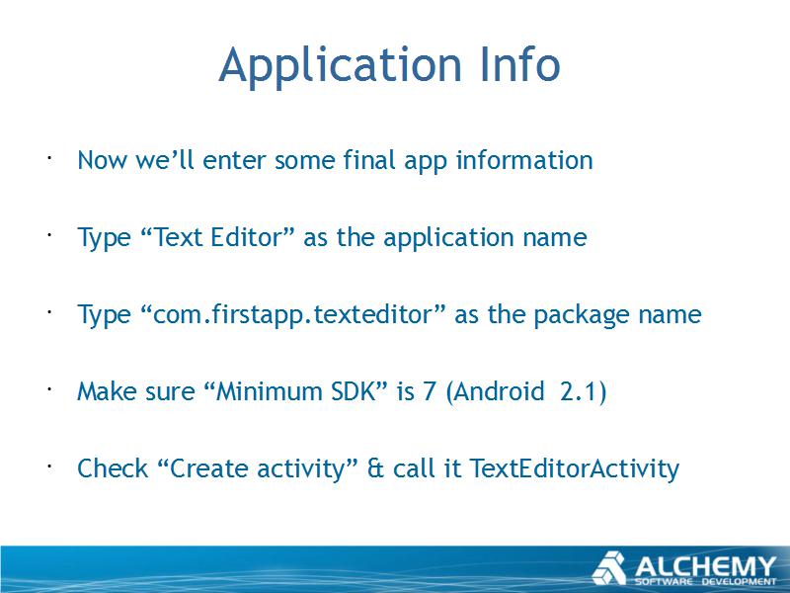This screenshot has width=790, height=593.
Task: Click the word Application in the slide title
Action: pos(341,66)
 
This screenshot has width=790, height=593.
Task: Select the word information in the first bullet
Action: pos(524,160)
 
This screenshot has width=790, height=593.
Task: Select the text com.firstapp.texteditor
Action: pos(292,315)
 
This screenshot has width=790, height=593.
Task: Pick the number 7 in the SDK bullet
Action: pos(430,391)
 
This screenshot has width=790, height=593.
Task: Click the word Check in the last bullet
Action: pos(113,467)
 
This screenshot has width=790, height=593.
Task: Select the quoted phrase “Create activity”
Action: pos(258,469)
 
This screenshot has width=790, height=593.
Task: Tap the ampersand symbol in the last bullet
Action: pos(375,468)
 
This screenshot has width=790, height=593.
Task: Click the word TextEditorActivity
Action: pos(575,469)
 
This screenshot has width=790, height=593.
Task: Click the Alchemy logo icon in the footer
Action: pos(608,568)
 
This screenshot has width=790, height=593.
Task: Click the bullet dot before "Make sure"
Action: pos(49,388)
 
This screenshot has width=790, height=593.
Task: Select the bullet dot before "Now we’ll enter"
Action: pos(49,158)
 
